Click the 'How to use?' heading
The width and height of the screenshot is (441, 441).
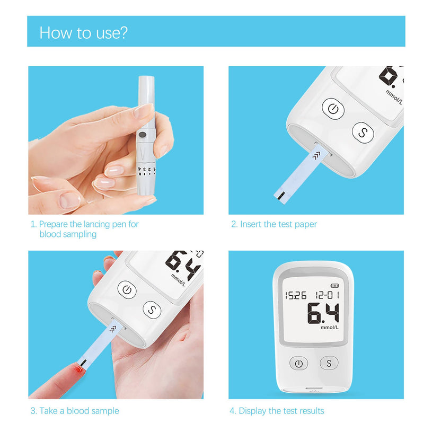[84, 33]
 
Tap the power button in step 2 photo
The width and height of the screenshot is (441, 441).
[333, 109]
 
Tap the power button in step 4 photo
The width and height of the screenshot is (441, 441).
[299, 364]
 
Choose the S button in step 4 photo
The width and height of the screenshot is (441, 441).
[329, 364]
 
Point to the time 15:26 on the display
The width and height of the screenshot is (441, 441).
[295, 295]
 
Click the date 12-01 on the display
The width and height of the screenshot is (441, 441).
[327, 295]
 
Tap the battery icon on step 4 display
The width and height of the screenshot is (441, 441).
[334, 286]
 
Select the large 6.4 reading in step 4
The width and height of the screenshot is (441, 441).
[323, 314]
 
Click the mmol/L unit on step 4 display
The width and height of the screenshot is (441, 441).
[329, 328]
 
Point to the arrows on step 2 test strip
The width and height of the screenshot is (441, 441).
[317, 155]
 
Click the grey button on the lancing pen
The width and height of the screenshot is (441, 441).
[143, 136]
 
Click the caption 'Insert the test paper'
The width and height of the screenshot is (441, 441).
[274, 224]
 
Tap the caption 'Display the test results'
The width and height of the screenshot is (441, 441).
[276, 411]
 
